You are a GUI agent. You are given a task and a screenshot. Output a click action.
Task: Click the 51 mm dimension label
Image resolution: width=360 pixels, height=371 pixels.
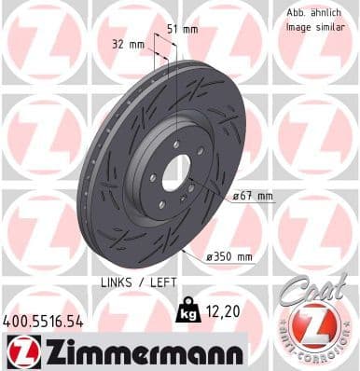[x=182, y=29]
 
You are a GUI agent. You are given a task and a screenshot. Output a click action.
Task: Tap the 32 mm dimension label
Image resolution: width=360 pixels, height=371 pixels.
[x=128, y=45]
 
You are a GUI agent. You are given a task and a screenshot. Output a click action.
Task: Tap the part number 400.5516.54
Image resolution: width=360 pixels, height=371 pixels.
[x=44, y=321]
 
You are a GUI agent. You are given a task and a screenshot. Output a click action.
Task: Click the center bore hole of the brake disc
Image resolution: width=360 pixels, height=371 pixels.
[x=177, y=174]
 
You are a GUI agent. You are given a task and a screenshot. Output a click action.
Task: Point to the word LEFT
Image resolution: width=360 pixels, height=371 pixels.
[x=159, y=281]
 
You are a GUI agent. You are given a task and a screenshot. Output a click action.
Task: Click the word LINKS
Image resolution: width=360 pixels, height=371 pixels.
[x=114, y=281]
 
